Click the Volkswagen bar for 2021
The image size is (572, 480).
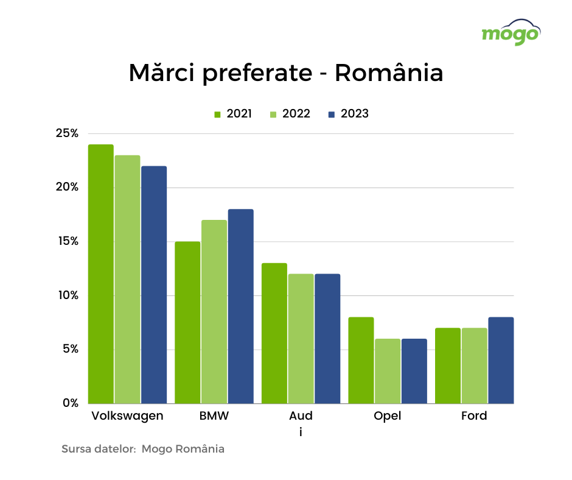101,274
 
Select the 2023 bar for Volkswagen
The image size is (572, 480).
154,284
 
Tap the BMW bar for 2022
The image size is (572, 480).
214,311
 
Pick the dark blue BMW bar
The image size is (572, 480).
241,306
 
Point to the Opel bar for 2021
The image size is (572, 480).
361,360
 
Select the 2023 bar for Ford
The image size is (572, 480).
501,360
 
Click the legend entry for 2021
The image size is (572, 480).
232,114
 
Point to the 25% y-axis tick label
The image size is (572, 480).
66,133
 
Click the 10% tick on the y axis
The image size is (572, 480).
66,295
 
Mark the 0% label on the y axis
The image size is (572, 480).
70,403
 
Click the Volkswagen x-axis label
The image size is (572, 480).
127,416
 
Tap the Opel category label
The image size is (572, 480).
388,416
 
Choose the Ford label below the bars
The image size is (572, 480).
474,416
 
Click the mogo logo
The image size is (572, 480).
511,33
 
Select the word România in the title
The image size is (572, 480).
389,73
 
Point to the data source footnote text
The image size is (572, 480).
143,449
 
